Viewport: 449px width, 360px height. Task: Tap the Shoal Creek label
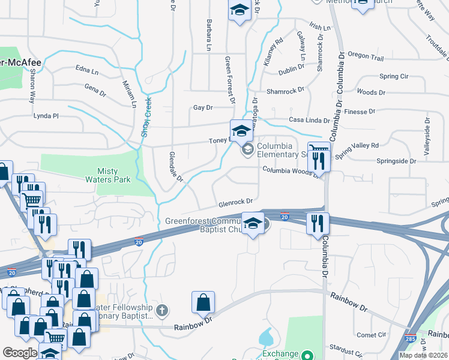pyautogui.click(x=145, y=117)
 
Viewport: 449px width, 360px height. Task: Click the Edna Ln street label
pyautogui.click(x=87, y=71)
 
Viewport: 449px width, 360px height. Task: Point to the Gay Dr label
pyautogui.click(x=203, y=108)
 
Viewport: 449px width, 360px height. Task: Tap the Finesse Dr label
pyautogui.click(x=360, y=112)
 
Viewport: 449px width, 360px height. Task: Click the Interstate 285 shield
pyautogui.click(x=411, y=338)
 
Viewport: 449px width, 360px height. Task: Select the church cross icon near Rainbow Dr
pyautogui.click(x=161, y=310)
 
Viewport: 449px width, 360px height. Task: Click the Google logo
pyautogui.click(x=20, y=353)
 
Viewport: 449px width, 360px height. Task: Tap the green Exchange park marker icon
pyautogui.click(x=307, y=355)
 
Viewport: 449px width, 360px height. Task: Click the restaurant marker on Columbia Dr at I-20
pyautogui.click(x=318, y=223)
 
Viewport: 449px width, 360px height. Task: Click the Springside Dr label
pyautogui.click(x=396, y=161)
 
